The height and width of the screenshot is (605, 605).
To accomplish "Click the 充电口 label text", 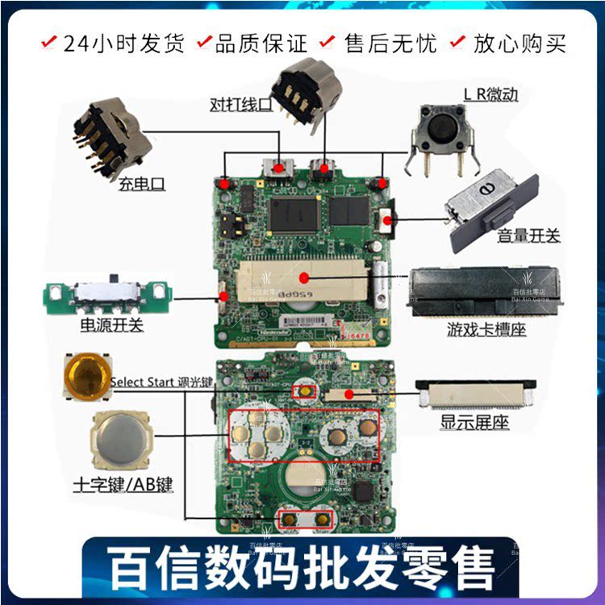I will pyautogui.click(x=140, y=184).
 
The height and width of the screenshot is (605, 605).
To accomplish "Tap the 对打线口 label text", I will pyautogui.click(x=240, y=104).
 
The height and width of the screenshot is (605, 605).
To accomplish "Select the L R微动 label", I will pyautogui.click(x=490, y=94).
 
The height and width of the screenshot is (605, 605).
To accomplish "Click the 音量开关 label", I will pyautogui.click(x=528, y=236).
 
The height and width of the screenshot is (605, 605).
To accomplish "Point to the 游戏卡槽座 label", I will pyautogui.click(x=486, y=330).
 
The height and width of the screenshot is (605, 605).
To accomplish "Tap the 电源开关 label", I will pyautogui.click(x=111, y=326).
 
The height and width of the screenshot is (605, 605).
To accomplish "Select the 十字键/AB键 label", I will pyautogui.click(x=123, y=486).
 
